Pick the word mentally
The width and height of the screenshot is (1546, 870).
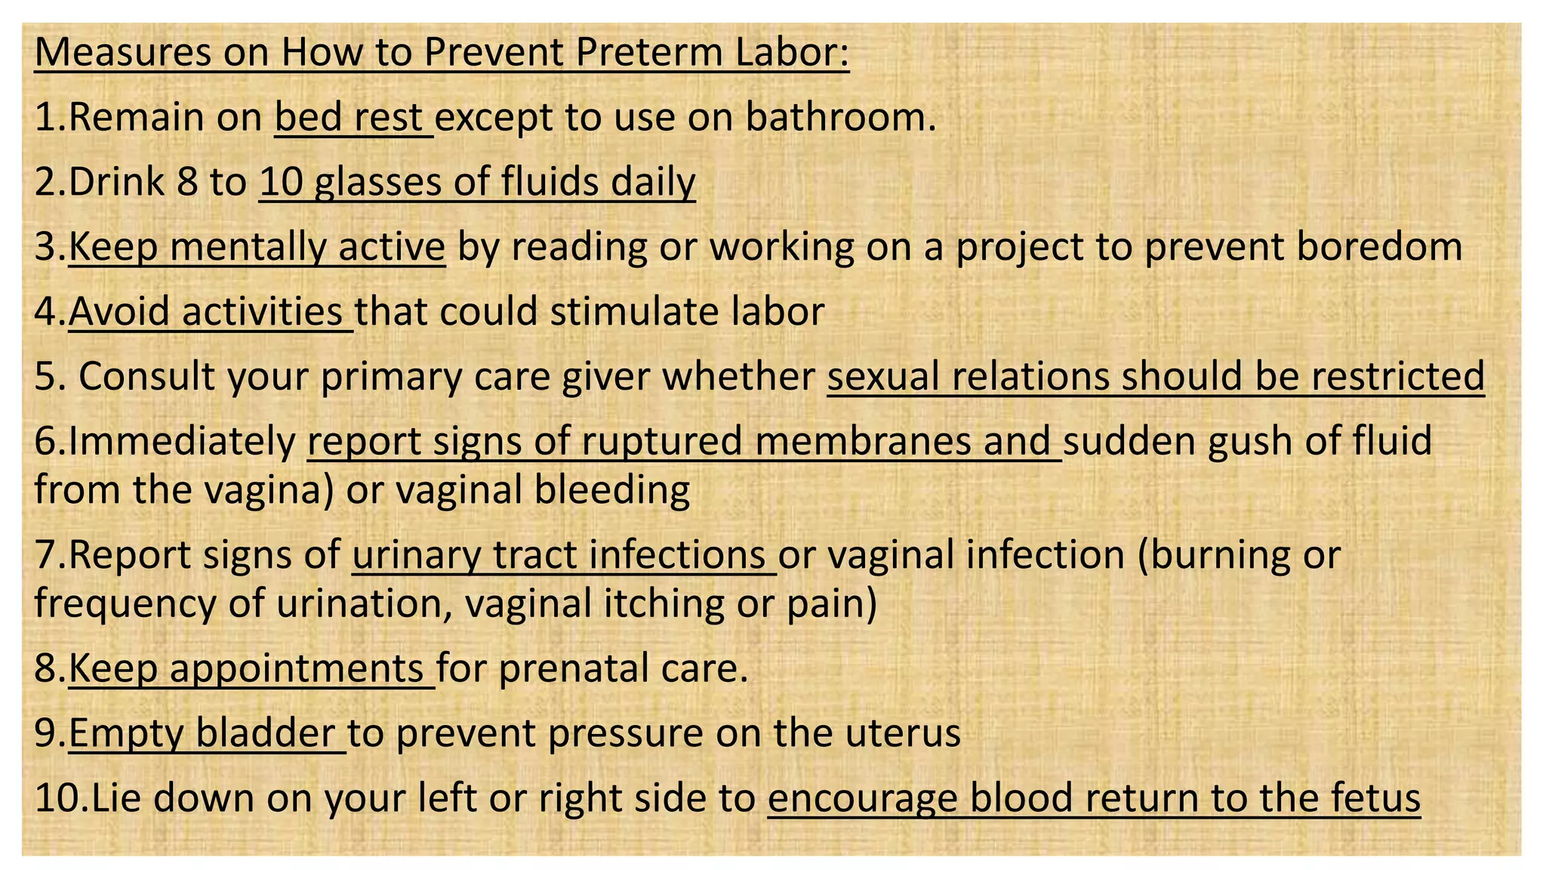(249, 248)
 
